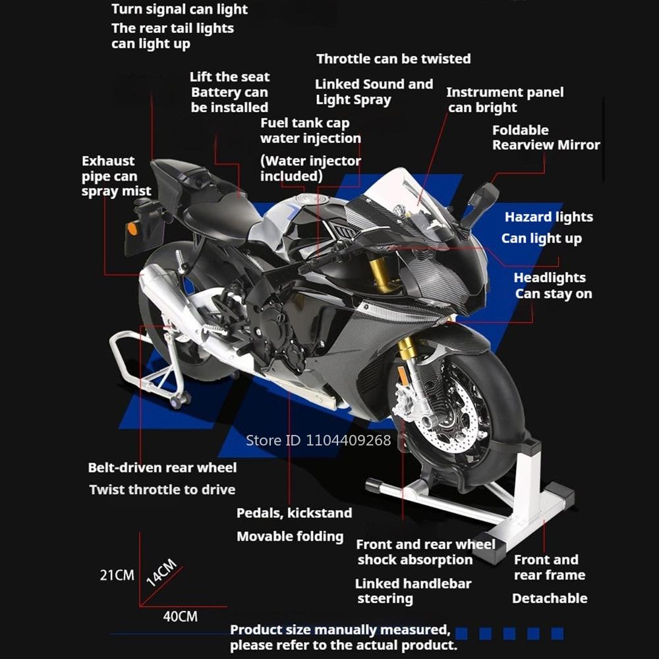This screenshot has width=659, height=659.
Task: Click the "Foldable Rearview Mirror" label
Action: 546,137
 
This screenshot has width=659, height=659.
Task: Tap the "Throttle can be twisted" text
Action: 393,59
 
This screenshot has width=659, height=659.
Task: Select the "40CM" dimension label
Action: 180,617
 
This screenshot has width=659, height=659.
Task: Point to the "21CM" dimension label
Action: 117,575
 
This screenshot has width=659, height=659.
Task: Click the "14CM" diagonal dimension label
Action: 161,572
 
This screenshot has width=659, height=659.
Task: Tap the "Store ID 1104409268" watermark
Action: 318,440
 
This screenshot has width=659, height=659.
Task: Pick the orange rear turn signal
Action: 132,229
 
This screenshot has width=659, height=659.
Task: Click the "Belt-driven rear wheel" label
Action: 162,468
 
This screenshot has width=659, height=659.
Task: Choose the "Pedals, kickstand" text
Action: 294,513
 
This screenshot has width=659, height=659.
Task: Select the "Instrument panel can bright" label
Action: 505,100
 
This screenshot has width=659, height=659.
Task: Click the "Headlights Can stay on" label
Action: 552,286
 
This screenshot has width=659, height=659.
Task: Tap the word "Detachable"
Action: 550,598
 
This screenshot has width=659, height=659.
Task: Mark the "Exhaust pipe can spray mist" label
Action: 116,176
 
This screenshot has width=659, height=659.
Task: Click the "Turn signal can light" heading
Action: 179,9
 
